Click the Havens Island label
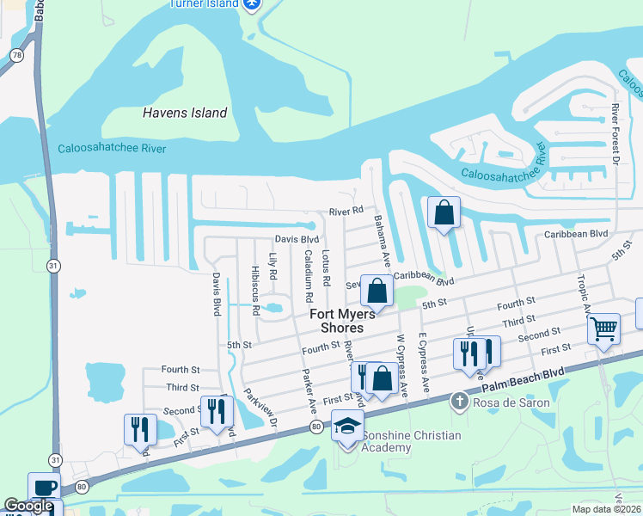[x=185, y=113]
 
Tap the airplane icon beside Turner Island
[x=251, y=4]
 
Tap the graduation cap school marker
[x=347, y=427]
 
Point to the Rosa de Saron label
[x=513, y=402]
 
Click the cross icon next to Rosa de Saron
[x=460, y=402]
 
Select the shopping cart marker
[x=603, y=328]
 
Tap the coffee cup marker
[x=44, y=487]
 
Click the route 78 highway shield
[x=15, y=55]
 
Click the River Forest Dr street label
[x=615, y=133]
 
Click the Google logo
[x=28, y=506]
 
